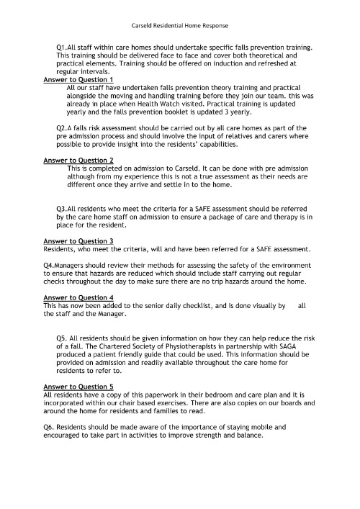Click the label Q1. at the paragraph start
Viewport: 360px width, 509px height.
tap(61, 46)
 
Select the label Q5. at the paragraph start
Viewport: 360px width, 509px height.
tap(62, 338)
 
